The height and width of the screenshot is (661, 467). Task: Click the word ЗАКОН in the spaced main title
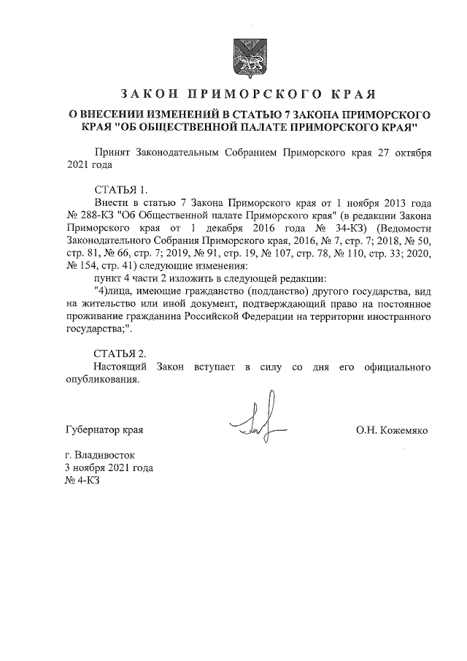coord(147,94)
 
